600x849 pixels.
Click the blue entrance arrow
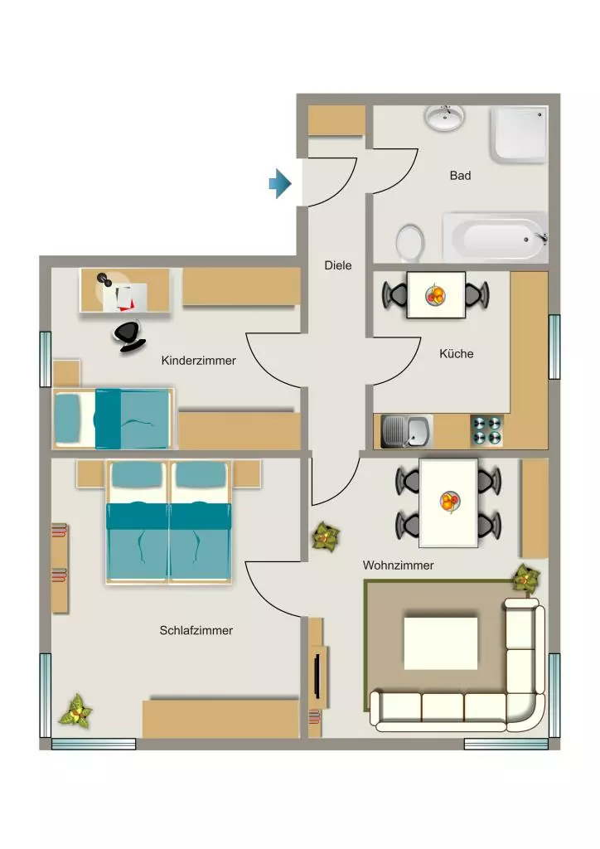[x=280, y=183]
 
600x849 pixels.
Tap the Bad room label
[x=461, y=176]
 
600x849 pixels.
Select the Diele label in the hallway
[x=338, y=265]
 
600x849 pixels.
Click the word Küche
[x=456, y=353]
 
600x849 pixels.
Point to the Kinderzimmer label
[x=199, y=361]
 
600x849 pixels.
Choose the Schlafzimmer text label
[x=196, y=630]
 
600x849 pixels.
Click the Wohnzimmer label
[x=398, y=565]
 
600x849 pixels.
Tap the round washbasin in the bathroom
[x=445, y=117]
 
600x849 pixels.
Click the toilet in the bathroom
[x=410, y=243]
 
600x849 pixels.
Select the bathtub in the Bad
[x=495, y=237]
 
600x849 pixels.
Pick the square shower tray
[x=519, y=134]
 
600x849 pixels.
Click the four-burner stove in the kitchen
[x=487, y=430]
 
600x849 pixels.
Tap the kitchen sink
[x=406, y=431]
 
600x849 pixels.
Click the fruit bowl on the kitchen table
[x=436, y=295]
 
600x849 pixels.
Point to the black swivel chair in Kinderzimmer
[x=130, y=337]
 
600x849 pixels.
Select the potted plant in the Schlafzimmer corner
[x=75, y=711]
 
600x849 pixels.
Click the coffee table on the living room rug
[x=441, y=643]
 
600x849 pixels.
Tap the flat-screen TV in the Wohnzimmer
[x=317, y=677]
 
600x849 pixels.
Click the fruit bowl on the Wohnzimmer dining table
[x=450, y=502]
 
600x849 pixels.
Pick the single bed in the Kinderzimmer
[x=113, y=419]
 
